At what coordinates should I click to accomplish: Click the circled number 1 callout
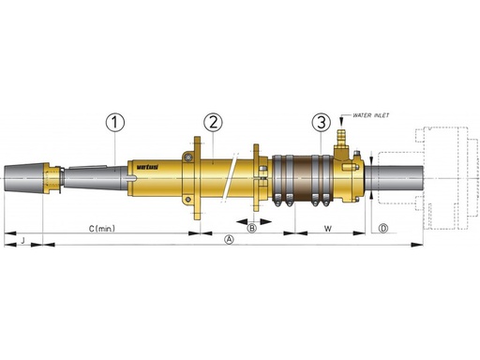point(115,122)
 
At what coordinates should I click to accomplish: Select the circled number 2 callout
point(213,122)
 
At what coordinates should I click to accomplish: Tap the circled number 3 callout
point(322,122)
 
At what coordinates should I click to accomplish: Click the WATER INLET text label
point(371,115)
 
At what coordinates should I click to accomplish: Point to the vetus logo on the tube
point(147,167)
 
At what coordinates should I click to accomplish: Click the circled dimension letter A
point(230,240)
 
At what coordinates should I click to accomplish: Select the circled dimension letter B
point(251,228)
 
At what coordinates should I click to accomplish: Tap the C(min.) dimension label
point(102,229)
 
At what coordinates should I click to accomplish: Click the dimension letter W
point(327,229)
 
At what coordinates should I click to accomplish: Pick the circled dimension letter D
point(383,229)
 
